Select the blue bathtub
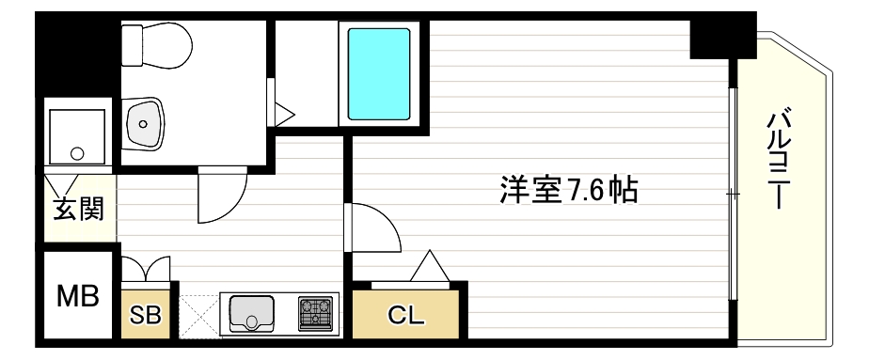click(x=379, y=74)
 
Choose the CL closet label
click(x=407, y=315)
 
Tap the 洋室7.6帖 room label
click(x=567, y=191)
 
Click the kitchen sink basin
click(x=250, y=312)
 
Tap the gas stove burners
click(x=317, y=313)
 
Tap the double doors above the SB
click(x=146, y=271)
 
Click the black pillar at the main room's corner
click(x=722, y=37)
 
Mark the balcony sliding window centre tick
click(x=733, y=194)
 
